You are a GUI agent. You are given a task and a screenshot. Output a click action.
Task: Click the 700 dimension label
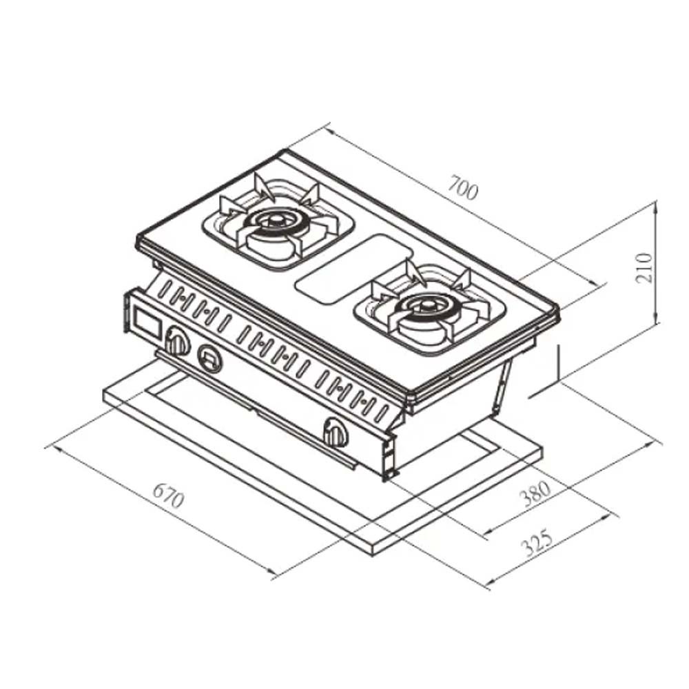tap(463, 187)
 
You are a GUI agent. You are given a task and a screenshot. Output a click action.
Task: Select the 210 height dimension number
tap(644, 267)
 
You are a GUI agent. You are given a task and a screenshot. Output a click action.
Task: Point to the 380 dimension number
tap(535, 493)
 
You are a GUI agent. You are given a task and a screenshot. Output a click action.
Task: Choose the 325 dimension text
tap(537, 544)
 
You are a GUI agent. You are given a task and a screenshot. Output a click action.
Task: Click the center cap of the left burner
tap(274, 218)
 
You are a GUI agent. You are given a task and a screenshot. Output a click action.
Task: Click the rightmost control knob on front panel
tap(336, 433)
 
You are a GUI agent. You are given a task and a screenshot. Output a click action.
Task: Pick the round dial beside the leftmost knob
tap(209, 358)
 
